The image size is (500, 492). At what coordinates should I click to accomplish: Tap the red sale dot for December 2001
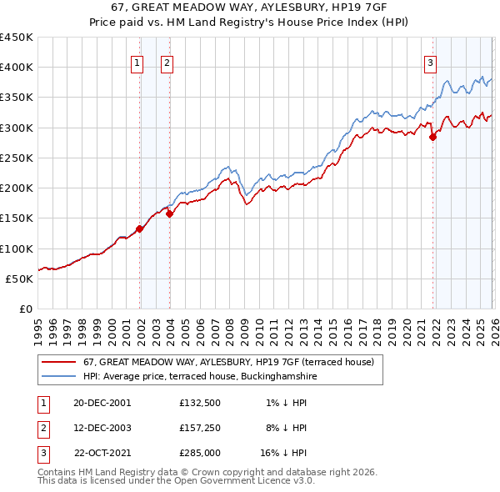140,229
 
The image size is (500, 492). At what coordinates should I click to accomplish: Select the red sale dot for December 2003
169,213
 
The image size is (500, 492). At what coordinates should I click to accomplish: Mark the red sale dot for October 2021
432,138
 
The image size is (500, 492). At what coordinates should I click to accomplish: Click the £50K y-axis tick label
19,279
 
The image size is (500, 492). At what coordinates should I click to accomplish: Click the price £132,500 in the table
198,402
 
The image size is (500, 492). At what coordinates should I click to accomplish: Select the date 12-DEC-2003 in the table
102,428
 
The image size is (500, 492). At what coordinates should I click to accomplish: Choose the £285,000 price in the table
198,454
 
